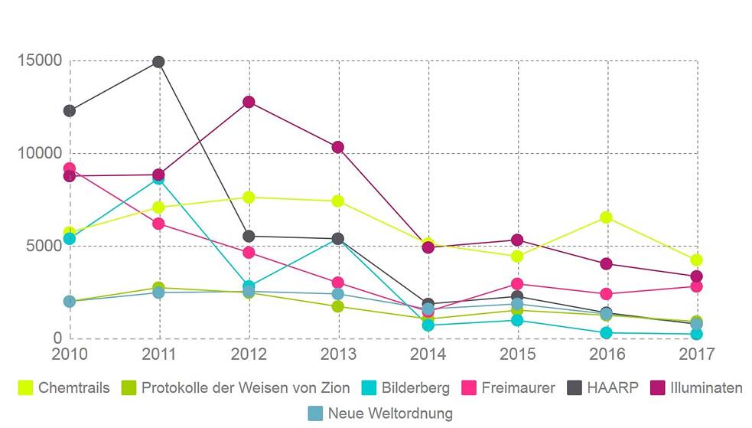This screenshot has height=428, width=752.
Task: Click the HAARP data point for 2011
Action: [x=158, y=61]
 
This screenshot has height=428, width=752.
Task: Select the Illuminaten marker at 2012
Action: [x=249, y=102]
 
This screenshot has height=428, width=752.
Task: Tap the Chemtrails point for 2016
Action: [x=606, y=217]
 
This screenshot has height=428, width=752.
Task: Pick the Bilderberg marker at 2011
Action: [x=158, y=178]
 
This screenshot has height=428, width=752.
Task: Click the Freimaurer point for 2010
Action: [x=69, y=168]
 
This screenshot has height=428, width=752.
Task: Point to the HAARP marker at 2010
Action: [x=69, y=111]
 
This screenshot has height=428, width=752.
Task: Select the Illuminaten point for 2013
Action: [x=338, y=147]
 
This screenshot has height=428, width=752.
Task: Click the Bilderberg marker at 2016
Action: [x=606, y=333]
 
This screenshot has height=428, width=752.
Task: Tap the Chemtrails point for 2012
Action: [x=249, y=197]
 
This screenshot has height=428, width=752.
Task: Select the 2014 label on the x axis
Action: [x=428, y=354]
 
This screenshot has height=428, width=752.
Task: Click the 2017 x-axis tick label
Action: [x=696, y=354]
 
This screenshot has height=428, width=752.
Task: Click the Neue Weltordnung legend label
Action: [x=390, y=413]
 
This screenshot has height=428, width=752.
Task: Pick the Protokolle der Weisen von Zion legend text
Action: [x=246, y=388]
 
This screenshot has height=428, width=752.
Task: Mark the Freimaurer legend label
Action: [x=518, y=388]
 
